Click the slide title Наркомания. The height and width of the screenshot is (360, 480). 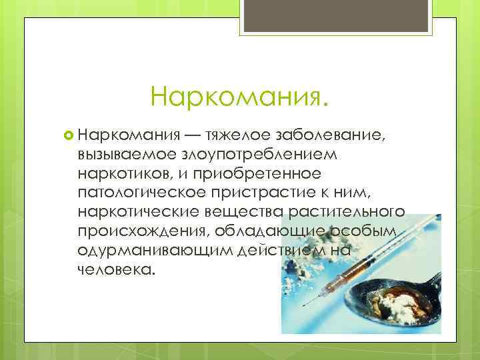click(239, 97)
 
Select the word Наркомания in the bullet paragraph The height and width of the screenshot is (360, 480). click(125, 136)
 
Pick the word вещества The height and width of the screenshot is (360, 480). click(247, 211)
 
